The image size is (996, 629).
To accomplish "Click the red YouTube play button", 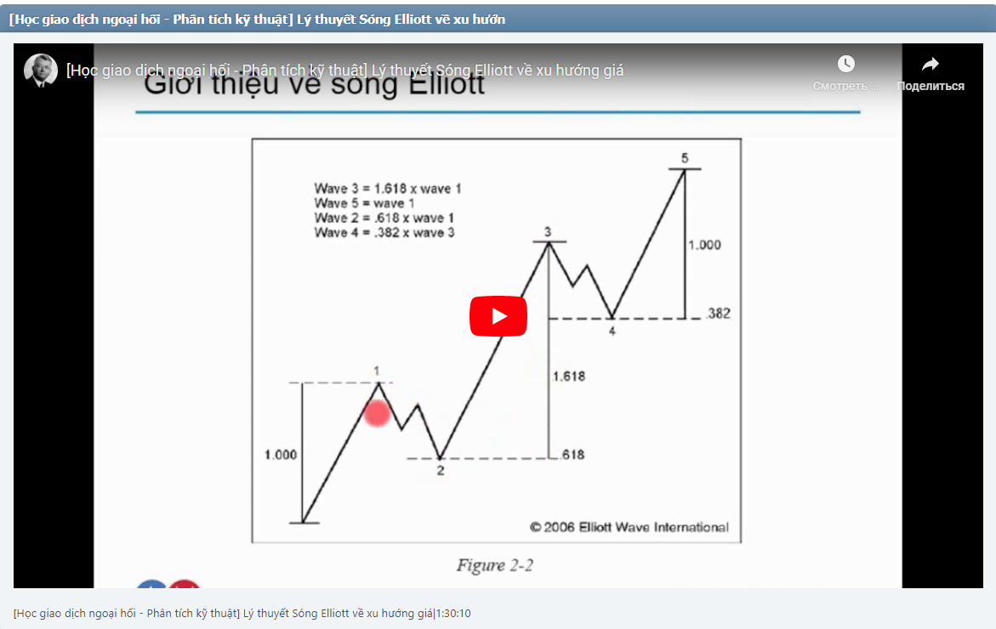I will (498, 316).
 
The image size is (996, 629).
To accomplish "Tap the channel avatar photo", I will (40, 71).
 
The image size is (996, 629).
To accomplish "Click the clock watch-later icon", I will (845, 64).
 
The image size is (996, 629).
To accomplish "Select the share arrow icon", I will (931, 64).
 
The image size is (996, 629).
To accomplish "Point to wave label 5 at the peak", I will (685, 158).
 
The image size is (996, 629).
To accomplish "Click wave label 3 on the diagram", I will (548, 232).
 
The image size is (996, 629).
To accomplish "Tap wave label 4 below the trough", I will (612, 331).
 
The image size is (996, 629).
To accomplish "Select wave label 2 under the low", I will (441, 471).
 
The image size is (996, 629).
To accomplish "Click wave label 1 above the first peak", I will (376, 371).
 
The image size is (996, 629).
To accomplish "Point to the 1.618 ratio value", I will (569, 376).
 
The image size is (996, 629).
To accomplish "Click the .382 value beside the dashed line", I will (718, 314).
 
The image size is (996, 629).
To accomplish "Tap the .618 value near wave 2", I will (572, 455).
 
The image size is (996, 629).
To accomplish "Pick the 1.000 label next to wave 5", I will (704, 245).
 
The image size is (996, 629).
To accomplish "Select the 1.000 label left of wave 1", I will (281, 455).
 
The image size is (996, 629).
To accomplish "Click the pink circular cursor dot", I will (377, 414).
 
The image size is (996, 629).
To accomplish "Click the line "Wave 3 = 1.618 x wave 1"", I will (388, 189).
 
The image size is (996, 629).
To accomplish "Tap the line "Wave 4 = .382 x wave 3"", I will (384, 232).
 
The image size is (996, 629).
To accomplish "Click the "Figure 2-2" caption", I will (495, 565).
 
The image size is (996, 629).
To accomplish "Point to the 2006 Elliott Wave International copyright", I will (629, 527).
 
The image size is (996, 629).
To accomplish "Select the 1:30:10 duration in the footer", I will (453, 613).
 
